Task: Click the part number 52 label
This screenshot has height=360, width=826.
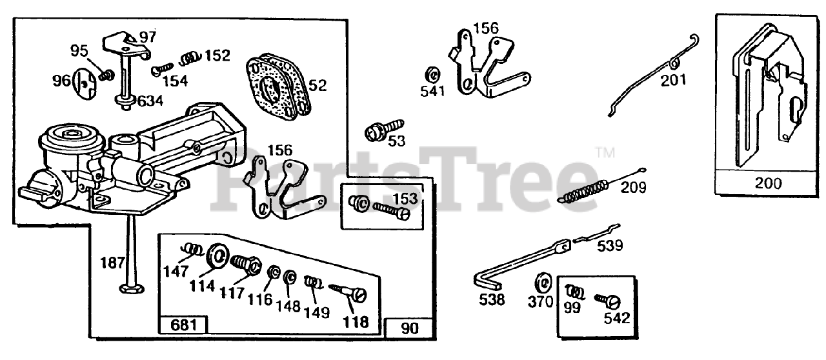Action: [318, 85]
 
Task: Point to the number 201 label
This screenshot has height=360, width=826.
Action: [673, 80]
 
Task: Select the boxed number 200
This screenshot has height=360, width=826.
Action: [767, 183]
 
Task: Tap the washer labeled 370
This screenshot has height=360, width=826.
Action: [542, 283]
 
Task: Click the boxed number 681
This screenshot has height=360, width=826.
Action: [175, 325]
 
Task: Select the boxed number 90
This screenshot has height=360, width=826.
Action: [409, 328]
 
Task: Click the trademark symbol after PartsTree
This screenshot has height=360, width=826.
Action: [603, 154]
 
